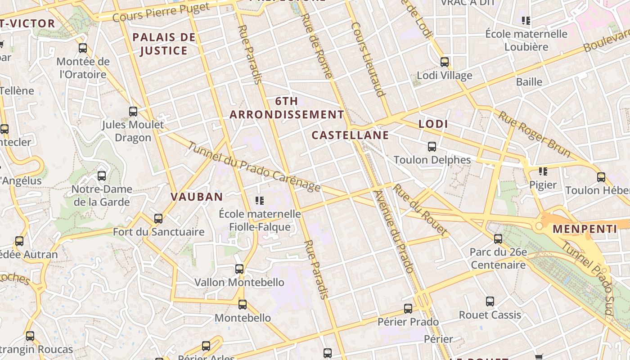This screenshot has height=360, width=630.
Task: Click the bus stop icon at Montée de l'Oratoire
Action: pyautogui.click(x=83, y=48)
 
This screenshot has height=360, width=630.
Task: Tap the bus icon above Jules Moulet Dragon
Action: pyautogui.click(x=133, y=111)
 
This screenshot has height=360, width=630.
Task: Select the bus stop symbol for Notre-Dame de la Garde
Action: pyautogui.click(x=102, y=176)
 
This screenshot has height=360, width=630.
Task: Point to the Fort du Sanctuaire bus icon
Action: pyautogui.click(x=158, y=219)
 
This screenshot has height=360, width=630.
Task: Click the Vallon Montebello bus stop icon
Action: pyautogui.click(x=239, y=269)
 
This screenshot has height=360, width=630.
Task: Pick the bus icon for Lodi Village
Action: pyautogui.click(x=445, y=62)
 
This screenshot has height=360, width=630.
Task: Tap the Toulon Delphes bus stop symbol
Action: pyautogui.click(x=432, y=147)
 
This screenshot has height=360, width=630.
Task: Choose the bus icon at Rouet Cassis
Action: pyautogui.click(x=490, y=301)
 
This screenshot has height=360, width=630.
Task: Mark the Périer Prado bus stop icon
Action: pyautogui.click(x=408, y=309)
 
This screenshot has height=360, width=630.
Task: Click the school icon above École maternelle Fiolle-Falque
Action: pyautogui.click(x=260, y=200)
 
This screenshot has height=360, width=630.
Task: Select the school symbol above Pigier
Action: pyautogui.click(x=543, y=171)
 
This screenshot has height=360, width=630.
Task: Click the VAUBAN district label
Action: pyautogui.click(x=197, y=197)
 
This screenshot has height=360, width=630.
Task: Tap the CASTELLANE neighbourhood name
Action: pyautogui.click(x=350, y=135)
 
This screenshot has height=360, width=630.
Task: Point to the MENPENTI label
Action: pyautogui.click(x=585, y=229)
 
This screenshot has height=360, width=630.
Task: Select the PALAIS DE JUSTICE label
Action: pyautogui.click(x=164, y=44)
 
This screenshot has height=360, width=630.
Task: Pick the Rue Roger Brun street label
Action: pyautogui.click(x=534, y=134)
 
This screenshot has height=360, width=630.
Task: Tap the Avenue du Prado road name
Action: pyautogui.click(x=393, y=232)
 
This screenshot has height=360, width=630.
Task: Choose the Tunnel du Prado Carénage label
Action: pyautogui.click(x=254, y=167)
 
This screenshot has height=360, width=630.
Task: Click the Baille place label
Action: pyautogui.click(x=529, y=82)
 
